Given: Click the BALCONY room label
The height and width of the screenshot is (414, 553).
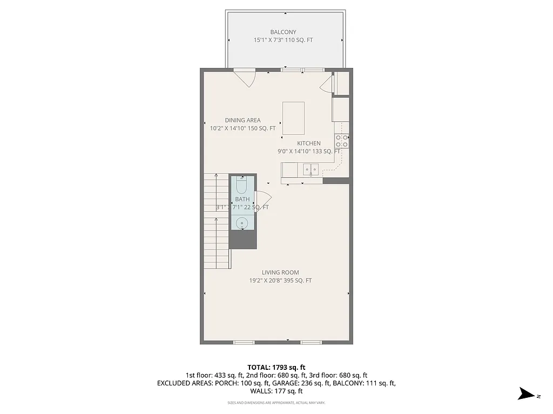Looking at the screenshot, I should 283,32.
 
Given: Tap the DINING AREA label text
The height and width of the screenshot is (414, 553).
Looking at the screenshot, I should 242,120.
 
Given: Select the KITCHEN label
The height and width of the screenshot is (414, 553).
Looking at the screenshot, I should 308,143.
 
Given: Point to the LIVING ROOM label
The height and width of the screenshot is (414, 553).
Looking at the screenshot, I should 280,272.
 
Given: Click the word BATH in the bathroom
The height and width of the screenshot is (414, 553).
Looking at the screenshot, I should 242,199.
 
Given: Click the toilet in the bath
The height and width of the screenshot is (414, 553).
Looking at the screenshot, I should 241,186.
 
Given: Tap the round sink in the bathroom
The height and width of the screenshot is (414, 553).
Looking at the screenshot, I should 242,222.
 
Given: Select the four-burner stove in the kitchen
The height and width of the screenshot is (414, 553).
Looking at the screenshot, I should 341,141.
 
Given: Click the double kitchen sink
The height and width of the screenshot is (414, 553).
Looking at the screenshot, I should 310,170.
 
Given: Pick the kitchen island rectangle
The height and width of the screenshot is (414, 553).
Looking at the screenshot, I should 293,118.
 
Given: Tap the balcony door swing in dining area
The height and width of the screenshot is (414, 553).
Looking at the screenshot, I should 245,78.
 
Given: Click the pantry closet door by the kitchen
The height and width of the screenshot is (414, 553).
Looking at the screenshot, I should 327,84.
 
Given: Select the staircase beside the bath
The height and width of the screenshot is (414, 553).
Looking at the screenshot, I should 216,221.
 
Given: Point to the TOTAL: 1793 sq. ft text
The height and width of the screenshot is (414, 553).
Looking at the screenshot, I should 276,367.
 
